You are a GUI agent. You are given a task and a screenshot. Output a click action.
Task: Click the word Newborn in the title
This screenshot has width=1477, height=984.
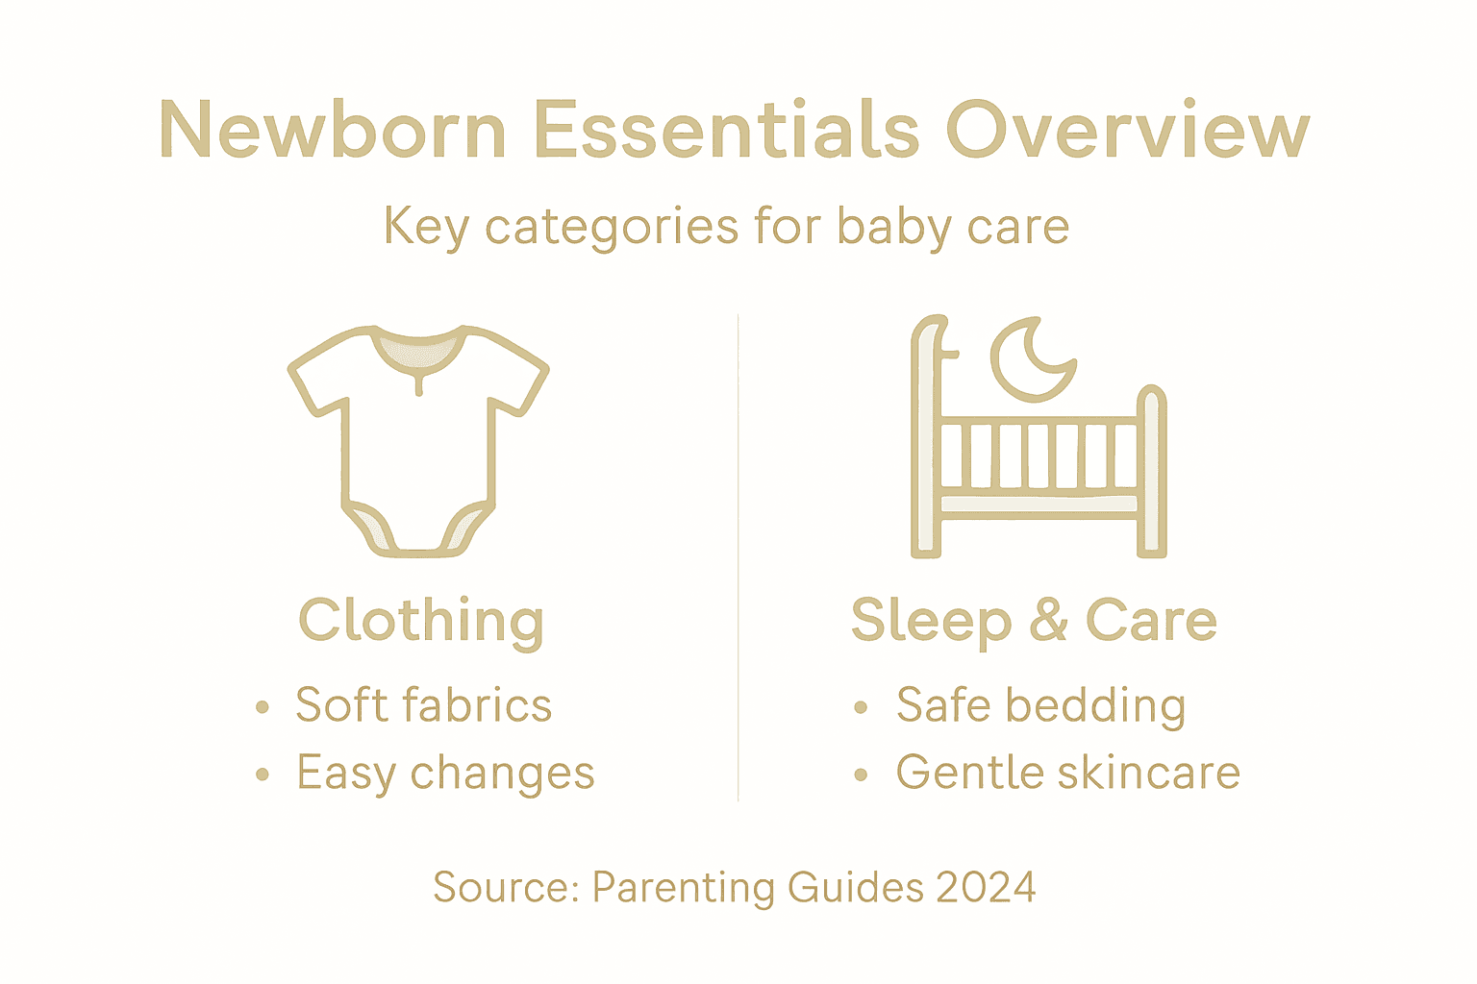333,130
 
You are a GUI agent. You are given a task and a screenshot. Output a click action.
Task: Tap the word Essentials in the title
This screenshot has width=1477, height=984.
727,130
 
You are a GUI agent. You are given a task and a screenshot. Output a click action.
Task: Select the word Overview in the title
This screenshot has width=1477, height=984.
1127,130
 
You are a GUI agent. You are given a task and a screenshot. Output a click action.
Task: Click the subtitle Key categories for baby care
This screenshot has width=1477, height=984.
726,228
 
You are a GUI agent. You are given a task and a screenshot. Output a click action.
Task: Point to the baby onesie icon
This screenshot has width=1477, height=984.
418,442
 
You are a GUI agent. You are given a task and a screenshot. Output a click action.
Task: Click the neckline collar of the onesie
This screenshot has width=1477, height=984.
418,351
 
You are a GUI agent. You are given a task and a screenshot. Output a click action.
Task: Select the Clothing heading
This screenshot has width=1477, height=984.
421,621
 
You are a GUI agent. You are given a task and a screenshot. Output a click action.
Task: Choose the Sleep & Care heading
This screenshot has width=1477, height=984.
1034,621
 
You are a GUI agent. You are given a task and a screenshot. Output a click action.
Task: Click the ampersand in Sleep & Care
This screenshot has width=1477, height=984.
1048,621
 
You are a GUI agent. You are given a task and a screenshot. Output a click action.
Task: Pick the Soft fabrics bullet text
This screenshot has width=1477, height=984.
423,705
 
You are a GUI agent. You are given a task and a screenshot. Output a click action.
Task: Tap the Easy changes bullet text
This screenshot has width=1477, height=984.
445,774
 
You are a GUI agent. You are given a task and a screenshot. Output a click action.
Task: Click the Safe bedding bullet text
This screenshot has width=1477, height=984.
1040,705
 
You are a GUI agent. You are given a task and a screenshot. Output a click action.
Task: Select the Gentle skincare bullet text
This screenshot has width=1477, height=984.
1067,773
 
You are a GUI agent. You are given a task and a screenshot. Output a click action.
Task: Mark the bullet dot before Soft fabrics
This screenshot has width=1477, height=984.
263,708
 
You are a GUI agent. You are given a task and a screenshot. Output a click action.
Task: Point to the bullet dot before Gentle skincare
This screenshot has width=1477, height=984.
861,775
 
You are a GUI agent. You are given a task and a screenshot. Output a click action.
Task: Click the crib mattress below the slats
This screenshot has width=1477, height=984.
1039,504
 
